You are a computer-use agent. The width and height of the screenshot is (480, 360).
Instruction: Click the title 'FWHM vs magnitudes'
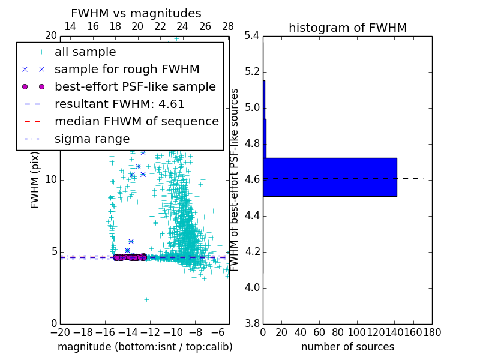point(136,13)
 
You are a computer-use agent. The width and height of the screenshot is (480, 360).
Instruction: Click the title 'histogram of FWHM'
point(347,28)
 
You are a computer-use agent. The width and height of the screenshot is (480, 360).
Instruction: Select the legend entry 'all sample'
point(85,52)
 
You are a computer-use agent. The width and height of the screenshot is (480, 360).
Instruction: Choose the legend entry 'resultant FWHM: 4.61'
point(119,104)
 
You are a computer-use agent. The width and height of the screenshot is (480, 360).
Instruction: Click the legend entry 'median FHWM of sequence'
point(136,121)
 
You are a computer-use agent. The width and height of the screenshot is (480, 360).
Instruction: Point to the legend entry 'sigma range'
point(92,139)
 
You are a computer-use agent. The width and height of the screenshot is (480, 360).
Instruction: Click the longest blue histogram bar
point(330,177)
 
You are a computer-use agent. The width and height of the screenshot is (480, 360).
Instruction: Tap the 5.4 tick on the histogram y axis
point(252,36)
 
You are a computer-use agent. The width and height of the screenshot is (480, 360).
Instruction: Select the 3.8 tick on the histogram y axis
point(252,323)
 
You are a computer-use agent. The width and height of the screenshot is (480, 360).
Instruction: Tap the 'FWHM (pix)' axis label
point(35,179)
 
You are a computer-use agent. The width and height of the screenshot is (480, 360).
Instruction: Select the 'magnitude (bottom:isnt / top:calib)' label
point(145,347)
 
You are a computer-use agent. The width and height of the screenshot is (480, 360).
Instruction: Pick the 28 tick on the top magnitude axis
point(228,26)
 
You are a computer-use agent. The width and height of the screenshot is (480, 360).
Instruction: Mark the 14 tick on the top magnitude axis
point(70,26)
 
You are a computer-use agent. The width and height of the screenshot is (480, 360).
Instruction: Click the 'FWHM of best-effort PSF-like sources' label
point(235,179)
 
